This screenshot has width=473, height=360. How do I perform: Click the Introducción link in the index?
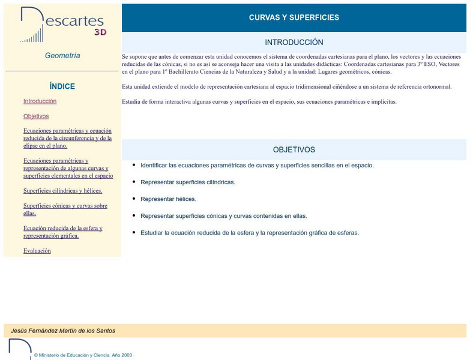pyautogui.click(x=40, y=101)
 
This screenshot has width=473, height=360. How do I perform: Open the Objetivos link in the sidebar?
pyautogui.click(x=36, y=116)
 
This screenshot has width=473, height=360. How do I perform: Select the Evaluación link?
pyautogui.click(x=37, y=251)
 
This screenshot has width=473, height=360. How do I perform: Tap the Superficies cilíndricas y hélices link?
pyautogui.click(x=62, y=191)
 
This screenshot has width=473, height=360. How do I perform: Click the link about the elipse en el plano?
pyautogui.click(x=67, y=138)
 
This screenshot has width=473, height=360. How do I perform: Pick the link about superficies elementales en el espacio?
pyautogui.click(x=68, y=168)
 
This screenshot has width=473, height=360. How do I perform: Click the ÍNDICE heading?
pyautogui.click(x=62, y=86)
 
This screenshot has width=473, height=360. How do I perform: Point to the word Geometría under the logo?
pyautogui.click(x=62, y=56)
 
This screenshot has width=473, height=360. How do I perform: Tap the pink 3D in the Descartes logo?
pyautogui.click(x=100, y=32)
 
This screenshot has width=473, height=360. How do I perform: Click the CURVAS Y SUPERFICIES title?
pyautogui.click(x=294, y=17)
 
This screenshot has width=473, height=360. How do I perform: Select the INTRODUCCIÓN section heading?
pyautogui.click(x=294, y=43)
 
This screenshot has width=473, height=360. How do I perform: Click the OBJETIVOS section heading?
pyautogui.click(x=294, y=149)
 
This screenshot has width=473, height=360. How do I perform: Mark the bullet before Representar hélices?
pyautogui.click(x=133, y=197)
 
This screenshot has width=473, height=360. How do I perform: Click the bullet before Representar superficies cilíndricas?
pyautogui.click(x=133, y=181)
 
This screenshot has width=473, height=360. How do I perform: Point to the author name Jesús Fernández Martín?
pyautogui.click(x=63, y=331)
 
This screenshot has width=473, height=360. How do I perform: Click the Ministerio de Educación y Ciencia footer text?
pyautogui.click(x=83, y=355)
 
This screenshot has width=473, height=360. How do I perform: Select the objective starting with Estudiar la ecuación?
pyautogui.click(x=250, y=233)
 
